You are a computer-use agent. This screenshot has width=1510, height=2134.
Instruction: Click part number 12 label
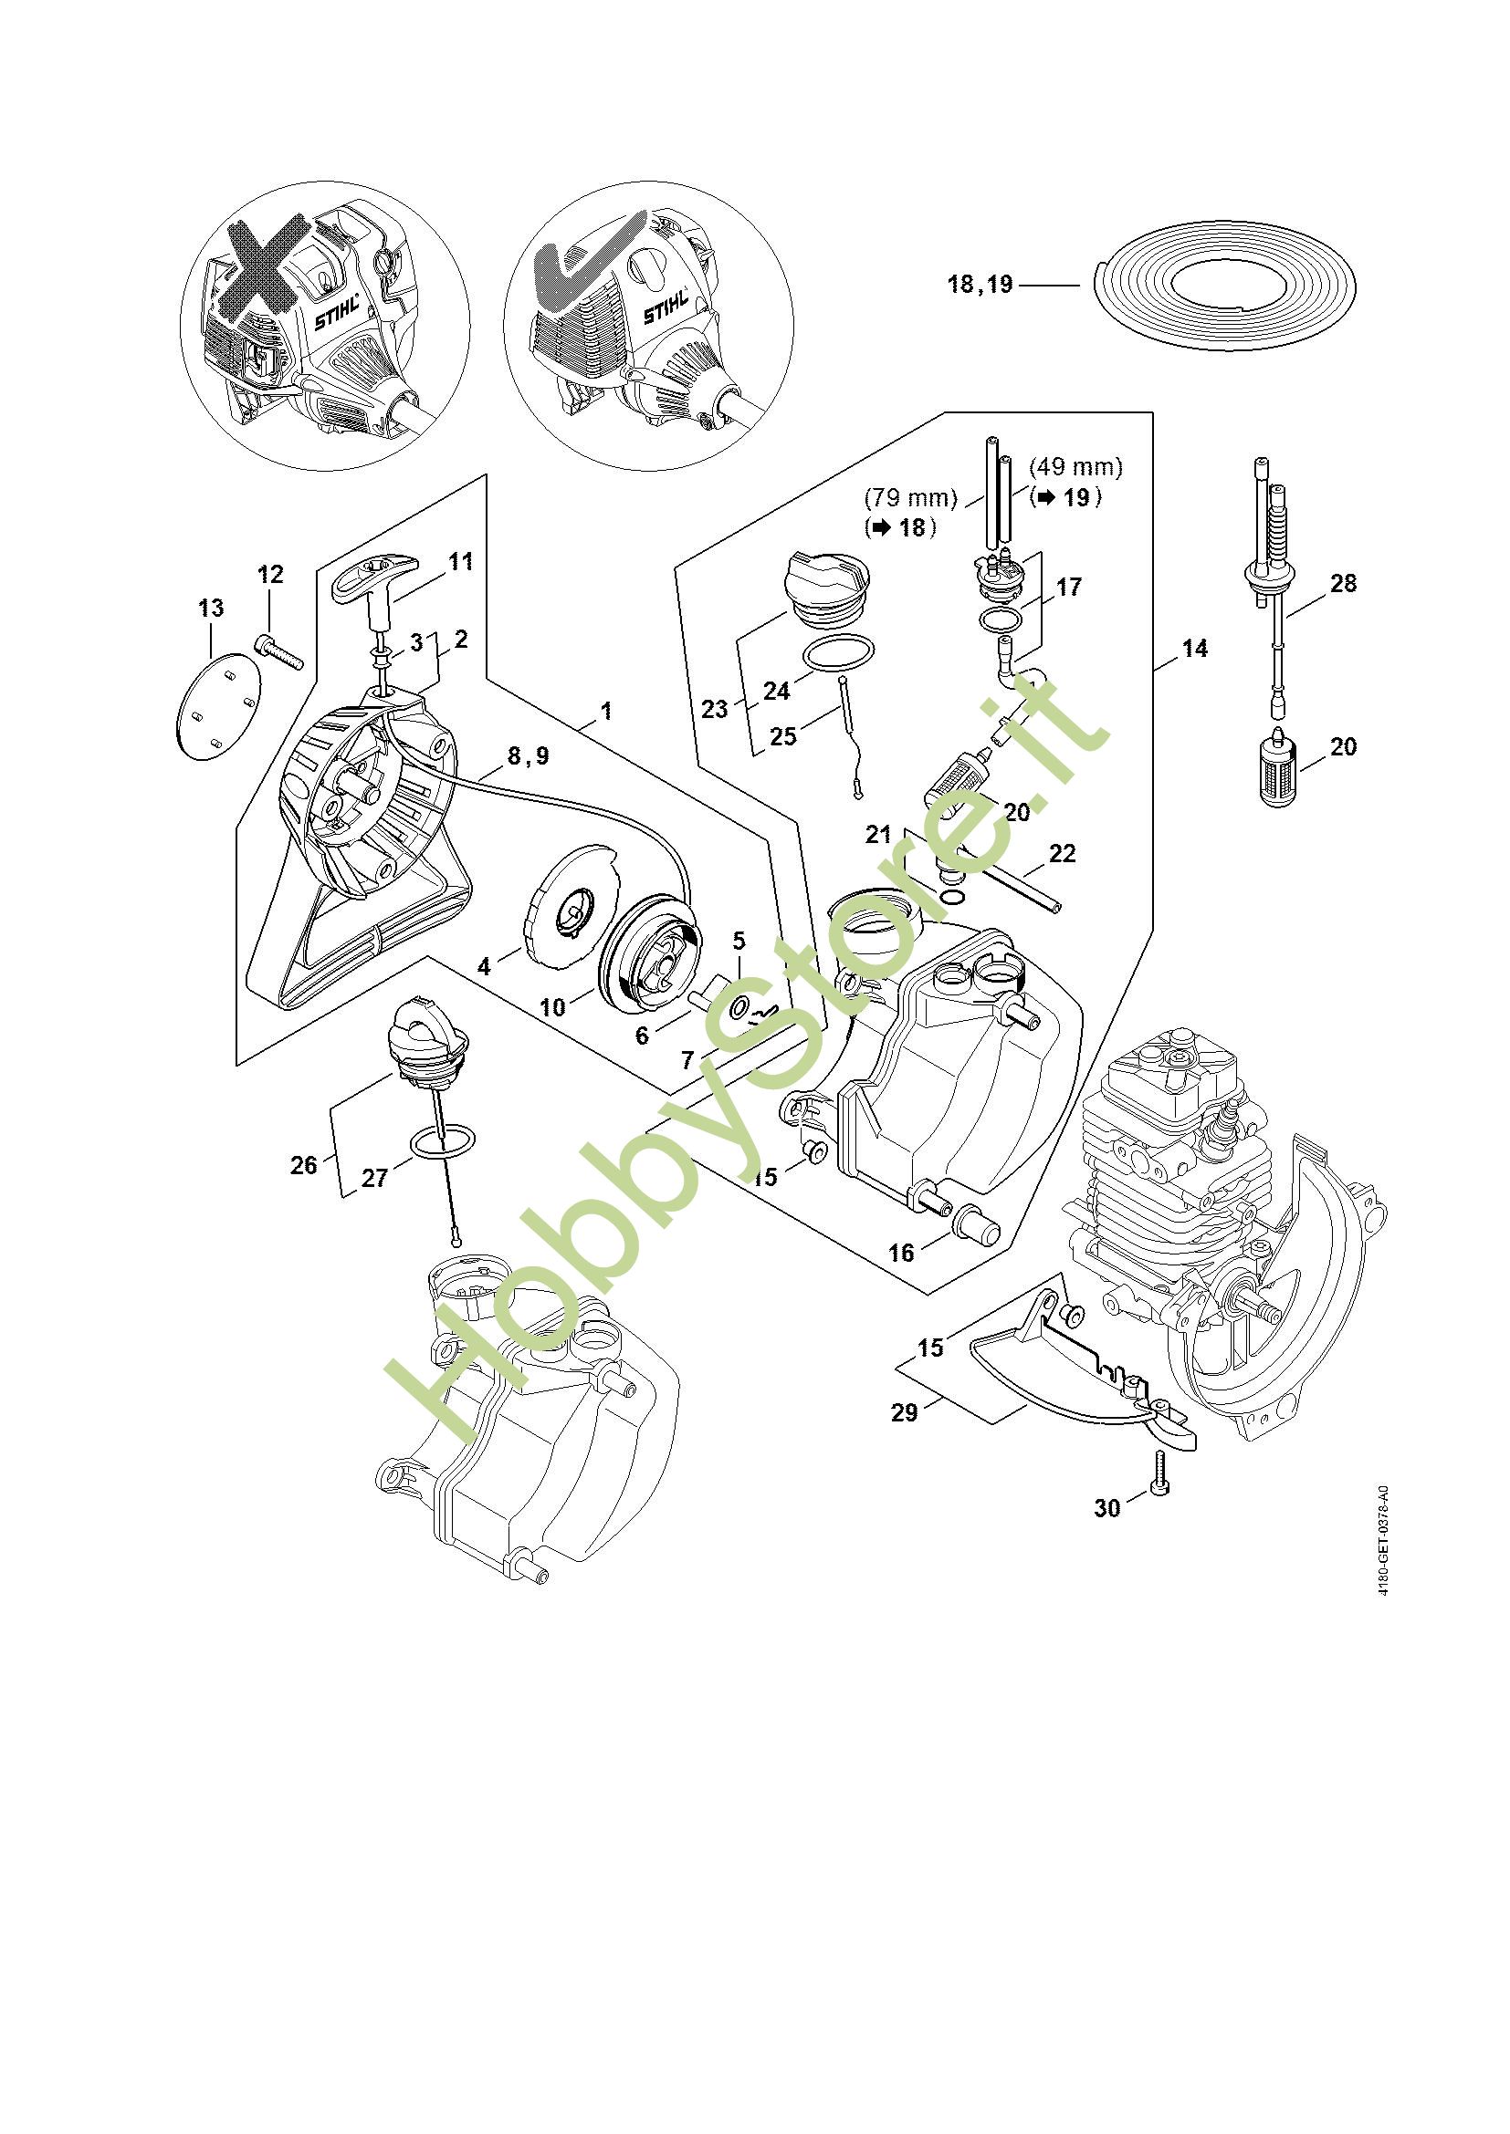click(x=270, y=575)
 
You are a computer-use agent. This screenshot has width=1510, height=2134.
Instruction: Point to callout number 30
click(x=1106, y=1507)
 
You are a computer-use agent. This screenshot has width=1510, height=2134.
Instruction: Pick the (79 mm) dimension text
click(x=910, y=498)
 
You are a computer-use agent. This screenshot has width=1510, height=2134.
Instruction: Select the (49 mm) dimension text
click(x=1075, y=465)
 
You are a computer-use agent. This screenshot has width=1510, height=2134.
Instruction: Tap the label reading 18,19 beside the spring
click(x=980, y=284)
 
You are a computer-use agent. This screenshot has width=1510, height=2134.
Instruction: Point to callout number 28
click(x=1343, y=584)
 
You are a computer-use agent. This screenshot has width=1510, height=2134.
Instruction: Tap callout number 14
click(x=1195, y=649)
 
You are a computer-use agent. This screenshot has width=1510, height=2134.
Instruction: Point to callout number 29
click(x=904, y=1412)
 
